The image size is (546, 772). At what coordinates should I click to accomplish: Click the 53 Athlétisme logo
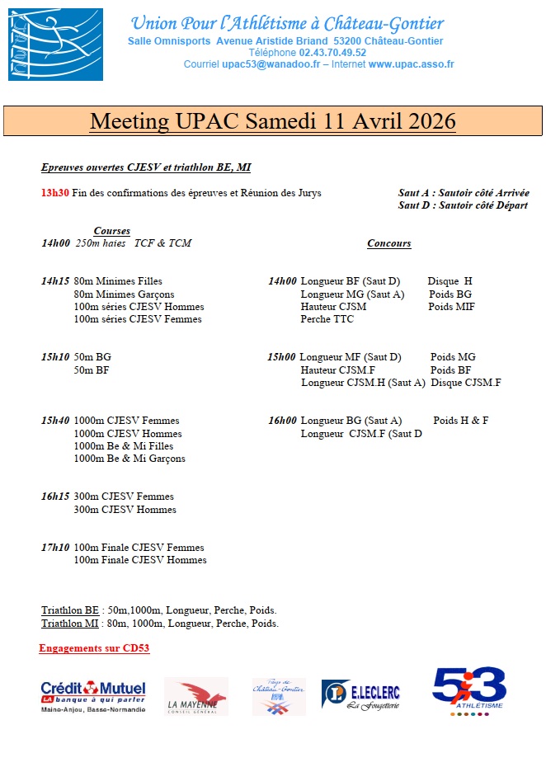468,691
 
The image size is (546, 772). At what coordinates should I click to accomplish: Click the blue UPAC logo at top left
56,45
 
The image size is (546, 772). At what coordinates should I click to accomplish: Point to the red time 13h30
55,193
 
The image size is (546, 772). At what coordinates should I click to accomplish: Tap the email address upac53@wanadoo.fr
274,64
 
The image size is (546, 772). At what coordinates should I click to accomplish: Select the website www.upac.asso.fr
411,64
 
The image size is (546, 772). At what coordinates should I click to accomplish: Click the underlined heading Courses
112,231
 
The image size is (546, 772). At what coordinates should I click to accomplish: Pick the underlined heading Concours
388,243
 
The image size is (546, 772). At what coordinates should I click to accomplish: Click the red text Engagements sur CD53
94,648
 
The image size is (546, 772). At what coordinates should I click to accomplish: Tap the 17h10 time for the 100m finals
55,547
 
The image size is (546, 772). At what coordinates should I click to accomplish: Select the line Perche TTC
327,319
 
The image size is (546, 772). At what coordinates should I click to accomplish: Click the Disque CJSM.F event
466,383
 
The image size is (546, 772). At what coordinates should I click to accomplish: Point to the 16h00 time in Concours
282,421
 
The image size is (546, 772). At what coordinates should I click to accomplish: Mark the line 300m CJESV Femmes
124,497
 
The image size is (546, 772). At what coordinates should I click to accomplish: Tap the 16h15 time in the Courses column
55,497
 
